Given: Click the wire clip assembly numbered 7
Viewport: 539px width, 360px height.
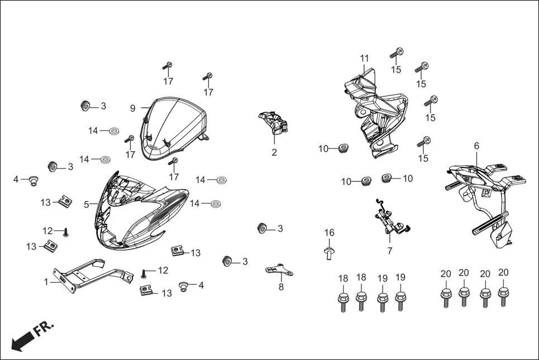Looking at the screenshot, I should pyautogui.click(x=389, y=220).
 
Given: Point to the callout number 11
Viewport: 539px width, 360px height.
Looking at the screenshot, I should pyautogui.click(x=365, y=58).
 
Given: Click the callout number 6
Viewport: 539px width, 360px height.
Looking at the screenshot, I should pyautogui.click(x=476, y=146).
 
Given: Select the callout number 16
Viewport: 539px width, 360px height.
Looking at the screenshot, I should pyautogui.click(x=330, y=233).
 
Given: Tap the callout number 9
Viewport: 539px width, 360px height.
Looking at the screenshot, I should pyautogui.click(x=133, y=108).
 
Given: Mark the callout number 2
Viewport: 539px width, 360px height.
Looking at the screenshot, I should pyautogui.click(x=274, y=152).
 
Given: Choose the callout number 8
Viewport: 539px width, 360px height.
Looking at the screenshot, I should pyautogui.click(x=281, y=287).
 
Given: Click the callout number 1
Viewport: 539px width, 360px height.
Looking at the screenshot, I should pyautogui.click(x=46, y=282).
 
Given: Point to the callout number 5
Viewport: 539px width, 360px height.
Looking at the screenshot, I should pyautogui.click(x=87, y=205).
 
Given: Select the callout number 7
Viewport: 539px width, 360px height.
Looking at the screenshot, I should pyautogui.click(x=389, y=251).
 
